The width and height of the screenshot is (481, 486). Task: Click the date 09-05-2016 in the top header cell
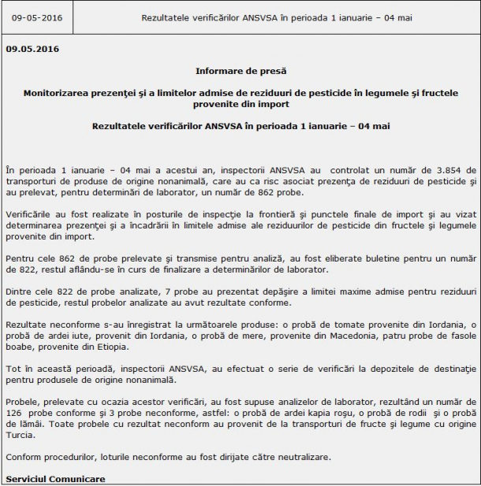point(39,17)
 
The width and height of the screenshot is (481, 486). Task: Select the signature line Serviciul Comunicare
point(54,479)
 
